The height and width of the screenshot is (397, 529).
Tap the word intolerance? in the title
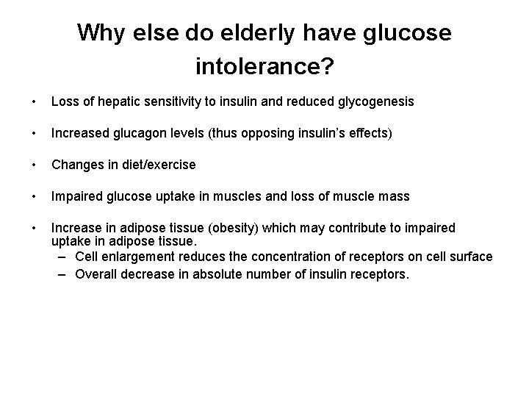264,68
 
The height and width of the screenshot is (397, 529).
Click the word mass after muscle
392,196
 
